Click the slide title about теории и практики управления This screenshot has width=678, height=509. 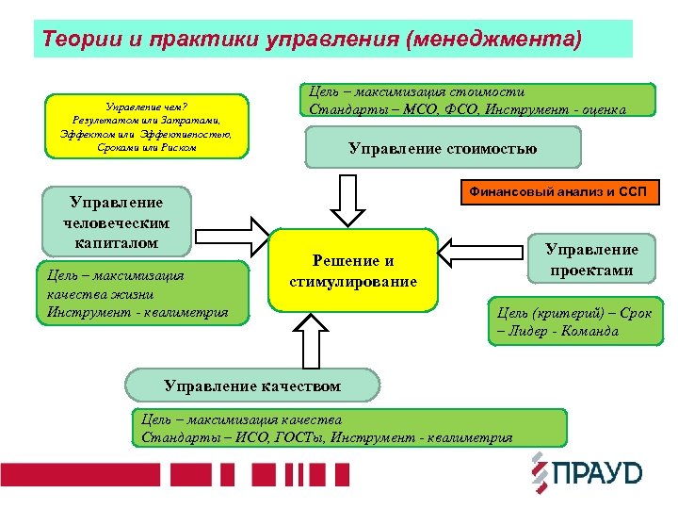click(x=312, y=41)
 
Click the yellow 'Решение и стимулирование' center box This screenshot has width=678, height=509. click(x=353, y=271)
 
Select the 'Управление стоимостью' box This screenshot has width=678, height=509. click(x=443, y=148)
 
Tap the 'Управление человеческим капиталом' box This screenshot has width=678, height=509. click(x=117, y=223)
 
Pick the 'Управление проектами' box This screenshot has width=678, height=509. click(x=591, y=259)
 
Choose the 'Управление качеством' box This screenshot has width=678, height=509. click(x=252, y=386)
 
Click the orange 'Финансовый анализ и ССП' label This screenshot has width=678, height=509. click(x=559, y=193)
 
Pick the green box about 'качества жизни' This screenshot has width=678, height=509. click(x=141, y=293)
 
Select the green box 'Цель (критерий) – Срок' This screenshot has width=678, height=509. click(x=573, y=320)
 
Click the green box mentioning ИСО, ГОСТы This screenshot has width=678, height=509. click(x=348, y=428)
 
